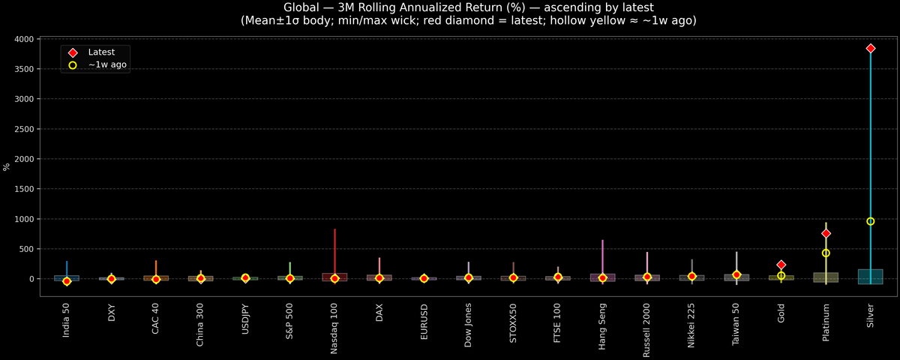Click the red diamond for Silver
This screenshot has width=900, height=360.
(870, 48)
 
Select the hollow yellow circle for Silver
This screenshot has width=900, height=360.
(870, 221)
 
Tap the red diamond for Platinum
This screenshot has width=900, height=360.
(826, 233)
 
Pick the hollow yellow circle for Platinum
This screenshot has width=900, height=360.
(826, 253)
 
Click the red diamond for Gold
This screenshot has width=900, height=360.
(781, 265)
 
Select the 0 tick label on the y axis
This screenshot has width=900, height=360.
(30, 279)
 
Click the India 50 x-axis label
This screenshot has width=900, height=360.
(67, 319)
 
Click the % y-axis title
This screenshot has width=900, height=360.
(7, 166)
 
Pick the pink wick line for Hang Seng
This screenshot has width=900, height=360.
(603, 255)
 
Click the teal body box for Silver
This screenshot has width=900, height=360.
(870, 276)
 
